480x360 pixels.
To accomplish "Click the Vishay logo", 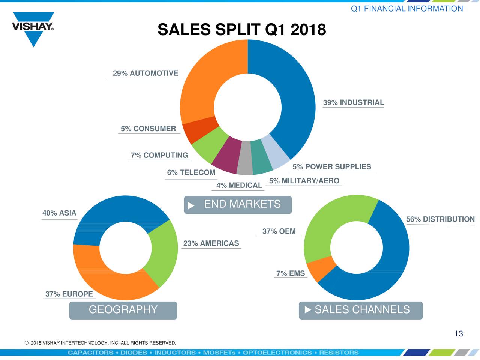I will coord(33,28).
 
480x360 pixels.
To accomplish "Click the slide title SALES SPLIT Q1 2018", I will coord(241,30).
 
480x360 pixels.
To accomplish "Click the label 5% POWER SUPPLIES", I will coord(331,167).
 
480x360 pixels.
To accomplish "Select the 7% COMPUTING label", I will coord(159,155).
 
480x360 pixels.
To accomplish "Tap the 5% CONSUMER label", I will coord(148,129).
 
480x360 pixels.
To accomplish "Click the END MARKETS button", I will coord(238,205).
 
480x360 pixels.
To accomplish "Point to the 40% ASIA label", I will coord(59,213).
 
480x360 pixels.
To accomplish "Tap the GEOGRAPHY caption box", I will coord(123,310).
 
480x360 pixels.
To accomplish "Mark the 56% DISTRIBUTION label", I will coord(440,219).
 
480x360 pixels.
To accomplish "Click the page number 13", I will coord(458,334).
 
